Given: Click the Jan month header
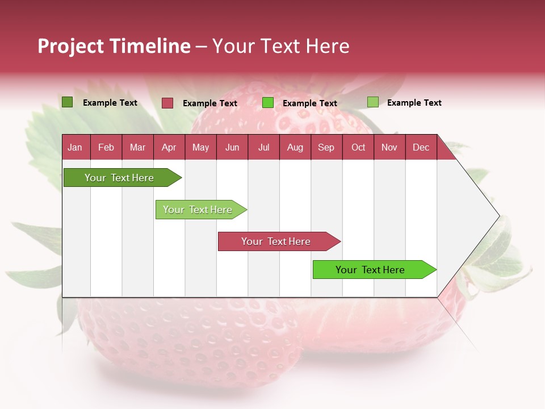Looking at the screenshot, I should tap(75, 148).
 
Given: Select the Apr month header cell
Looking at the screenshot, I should tap(169, 148).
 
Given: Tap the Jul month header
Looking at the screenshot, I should tap(263, 148).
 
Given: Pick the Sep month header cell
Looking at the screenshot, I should tap(326, 148).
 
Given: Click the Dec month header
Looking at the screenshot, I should tap(421, 148).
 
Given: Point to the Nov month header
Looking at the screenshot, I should tap(389, 148).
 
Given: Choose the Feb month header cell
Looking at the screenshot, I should tap(106, 148).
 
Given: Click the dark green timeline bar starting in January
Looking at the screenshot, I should tap(119, 178).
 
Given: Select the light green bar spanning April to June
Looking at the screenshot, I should tap(198, 210).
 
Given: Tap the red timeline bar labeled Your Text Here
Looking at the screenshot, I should tap(276, 241).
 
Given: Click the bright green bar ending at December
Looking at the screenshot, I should tap(370, 270).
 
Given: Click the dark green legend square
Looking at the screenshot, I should tap(67, 102).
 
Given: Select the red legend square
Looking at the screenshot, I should tap(167, 103).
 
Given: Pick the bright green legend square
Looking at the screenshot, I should tap(268, 103).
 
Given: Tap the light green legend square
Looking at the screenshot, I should tap(372, 102).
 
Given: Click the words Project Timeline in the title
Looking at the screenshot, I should tap(114, 46).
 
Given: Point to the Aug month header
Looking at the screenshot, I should tap(295, 148).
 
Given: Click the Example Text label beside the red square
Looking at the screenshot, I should tap(210, 103).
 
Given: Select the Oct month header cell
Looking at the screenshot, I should tap(358, 148).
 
